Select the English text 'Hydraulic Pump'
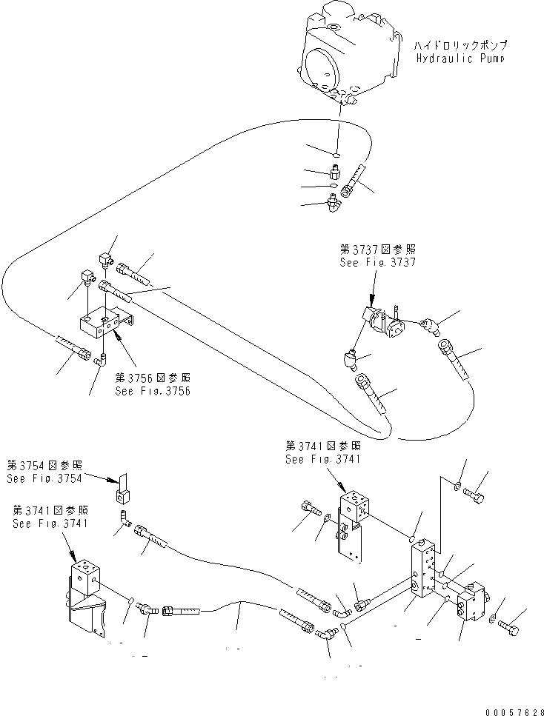[x=459, y=58]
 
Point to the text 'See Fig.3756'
[x=153, y=391]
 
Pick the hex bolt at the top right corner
[x=477, y=493]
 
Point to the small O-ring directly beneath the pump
[x=336, y=155]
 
